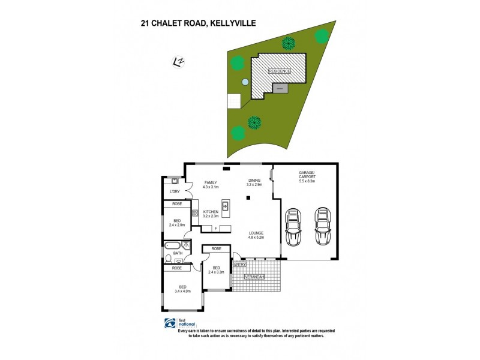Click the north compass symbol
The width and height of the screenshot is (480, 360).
178,61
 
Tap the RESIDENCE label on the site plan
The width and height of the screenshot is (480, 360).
279,71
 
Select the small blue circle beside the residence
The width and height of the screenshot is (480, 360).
245,82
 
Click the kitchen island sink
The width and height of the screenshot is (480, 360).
226,206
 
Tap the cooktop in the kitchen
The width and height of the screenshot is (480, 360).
195,214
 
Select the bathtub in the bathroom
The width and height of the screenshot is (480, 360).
172,245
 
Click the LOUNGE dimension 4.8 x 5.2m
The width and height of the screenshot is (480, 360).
256,238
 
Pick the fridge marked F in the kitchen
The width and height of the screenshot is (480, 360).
216,228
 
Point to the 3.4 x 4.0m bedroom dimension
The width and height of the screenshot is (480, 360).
182,291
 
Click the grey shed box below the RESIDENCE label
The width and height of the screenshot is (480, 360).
280,88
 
